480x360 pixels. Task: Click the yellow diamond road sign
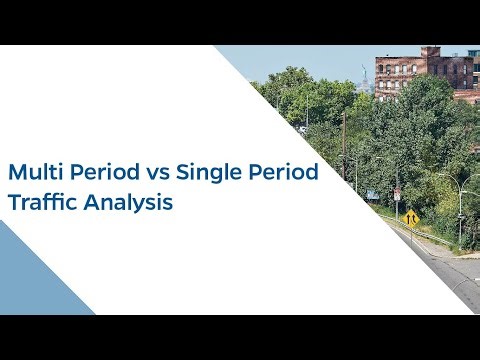[410, 216]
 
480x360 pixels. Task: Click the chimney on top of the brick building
[431, 51]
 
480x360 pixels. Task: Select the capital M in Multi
[16, 172]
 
